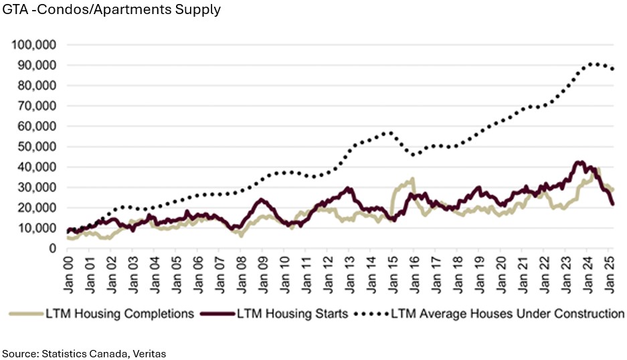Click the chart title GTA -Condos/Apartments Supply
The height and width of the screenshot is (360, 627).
(112, 11)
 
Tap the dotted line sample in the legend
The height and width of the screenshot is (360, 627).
(372, 313)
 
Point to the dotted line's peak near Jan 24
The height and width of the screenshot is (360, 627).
(593, 64)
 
